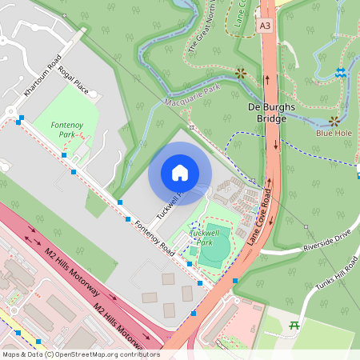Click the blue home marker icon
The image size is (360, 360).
pyautogui.click(x=180, y=173)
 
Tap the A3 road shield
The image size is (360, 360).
pyautogui.click(x=265, y=26)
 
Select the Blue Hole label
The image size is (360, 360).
pyautogui.click(x=333, y=134)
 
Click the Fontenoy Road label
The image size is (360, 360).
pyautogui.click(x=155, y=238)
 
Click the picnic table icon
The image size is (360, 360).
pyautogui.click(x=293, y=326)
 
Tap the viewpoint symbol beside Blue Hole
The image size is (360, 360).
pyautogui.click(x=333, y=122)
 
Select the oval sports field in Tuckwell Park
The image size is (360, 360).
pyautogui.click(x=214, y=247)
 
